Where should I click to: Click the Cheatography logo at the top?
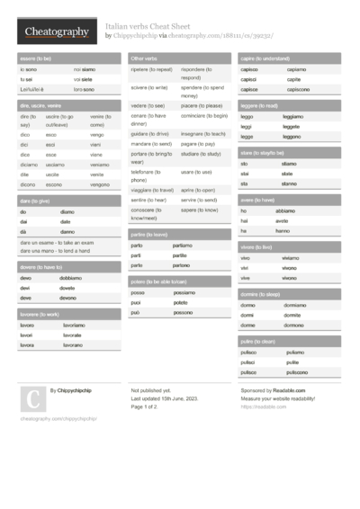point(56,32)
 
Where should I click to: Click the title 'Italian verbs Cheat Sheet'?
point(149,27)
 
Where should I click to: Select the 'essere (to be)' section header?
point(36,58)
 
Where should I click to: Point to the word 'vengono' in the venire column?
point(100,183)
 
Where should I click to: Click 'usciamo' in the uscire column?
point(57,165)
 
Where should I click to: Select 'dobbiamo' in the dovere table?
point(71,278)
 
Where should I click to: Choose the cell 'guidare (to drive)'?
point(150,132)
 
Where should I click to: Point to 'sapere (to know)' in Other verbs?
point(199,210)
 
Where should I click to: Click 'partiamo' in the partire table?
point(183,246)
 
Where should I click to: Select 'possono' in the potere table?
point(183,312)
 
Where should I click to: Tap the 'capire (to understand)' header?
point(266,58)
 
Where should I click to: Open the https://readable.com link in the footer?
point(257,406)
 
